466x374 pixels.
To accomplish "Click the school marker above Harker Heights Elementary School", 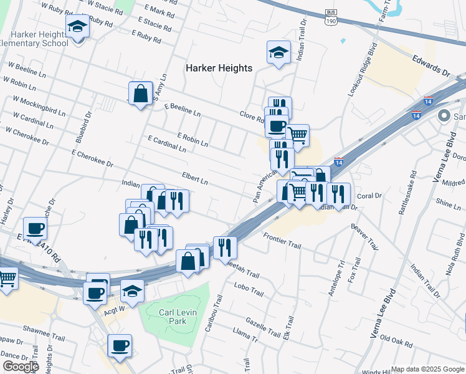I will (77, 26).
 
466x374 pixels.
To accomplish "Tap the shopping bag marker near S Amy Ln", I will (141, 94).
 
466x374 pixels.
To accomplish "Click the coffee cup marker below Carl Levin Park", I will (120, 345).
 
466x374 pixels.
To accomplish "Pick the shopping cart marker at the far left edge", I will (7, 277).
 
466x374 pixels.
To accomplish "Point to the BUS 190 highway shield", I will (331, 17).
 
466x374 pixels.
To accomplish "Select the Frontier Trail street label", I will (282, 241).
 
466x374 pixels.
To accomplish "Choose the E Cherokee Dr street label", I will (92, 158).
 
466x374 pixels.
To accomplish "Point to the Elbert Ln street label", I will (194, 178).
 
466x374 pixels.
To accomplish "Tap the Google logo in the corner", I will (21, 367).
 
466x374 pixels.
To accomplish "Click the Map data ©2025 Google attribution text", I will (427, 369).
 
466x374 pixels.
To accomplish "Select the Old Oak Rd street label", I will (396, 340).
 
